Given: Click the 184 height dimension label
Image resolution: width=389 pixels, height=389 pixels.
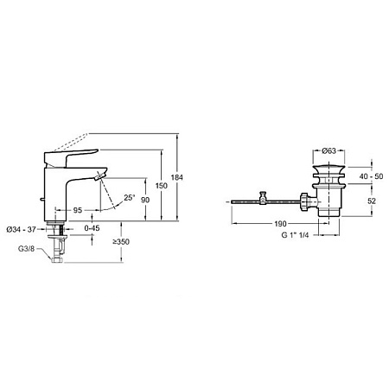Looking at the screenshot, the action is [x=176, y=177].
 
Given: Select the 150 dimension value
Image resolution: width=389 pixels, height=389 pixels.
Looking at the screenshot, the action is [x=162, y=186].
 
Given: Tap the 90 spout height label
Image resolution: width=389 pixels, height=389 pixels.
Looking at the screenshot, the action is [x=145, y=200].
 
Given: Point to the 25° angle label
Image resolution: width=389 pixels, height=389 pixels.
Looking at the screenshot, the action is [x=130, y=198].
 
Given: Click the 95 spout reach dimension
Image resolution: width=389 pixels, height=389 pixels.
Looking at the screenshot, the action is [x=77, y=211].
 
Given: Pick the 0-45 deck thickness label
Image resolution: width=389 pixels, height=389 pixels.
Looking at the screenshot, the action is [x=92, y=228].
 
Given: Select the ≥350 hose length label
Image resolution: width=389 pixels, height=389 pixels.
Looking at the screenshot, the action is [x=121, y=242].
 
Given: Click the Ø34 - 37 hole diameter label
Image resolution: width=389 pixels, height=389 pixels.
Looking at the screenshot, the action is [x=21, y=229].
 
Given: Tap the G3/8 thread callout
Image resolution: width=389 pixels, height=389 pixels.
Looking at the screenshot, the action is [x=26, y=248].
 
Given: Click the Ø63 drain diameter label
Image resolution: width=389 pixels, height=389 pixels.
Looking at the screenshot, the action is [x=328, y=150].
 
